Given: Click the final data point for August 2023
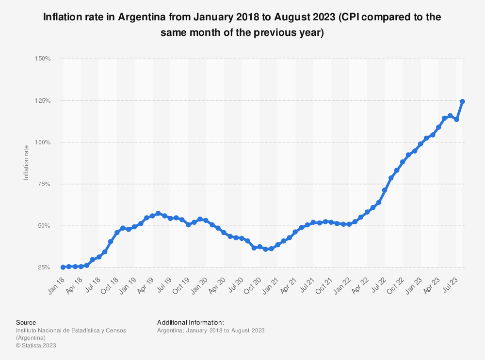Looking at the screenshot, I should coord(463,102).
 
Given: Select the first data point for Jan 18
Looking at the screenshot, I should coord(63,267).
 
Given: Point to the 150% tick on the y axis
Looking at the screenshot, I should coord(43,59).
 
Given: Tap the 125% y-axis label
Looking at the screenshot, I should coord(43,101).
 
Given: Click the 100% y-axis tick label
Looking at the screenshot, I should coord(43,142).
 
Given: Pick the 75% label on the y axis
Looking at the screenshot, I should coord(44,184).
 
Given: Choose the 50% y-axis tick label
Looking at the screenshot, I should coord(44,226).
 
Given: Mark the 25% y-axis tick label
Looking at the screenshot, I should coord(44,267).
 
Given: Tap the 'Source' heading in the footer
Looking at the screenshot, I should coord(26,322).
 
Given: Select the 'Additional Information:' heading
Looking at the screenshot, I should coord(191,322).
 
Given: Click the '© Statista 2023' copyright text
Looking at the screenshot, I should coord(36,345).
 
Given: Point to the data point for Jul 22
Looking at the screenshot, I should coord(385,190).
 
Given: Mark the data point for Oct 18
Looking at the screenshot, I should coord(117,233).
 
